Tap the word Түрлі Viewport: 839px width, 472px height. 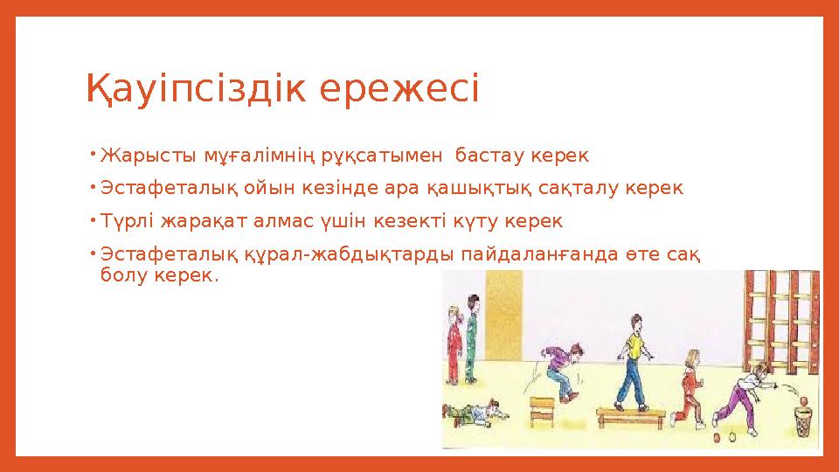coord(126,220)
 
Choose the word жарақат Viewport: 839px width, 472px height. coord(194,220)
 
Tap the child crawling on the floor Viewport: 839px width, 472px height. coord(476,411)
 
